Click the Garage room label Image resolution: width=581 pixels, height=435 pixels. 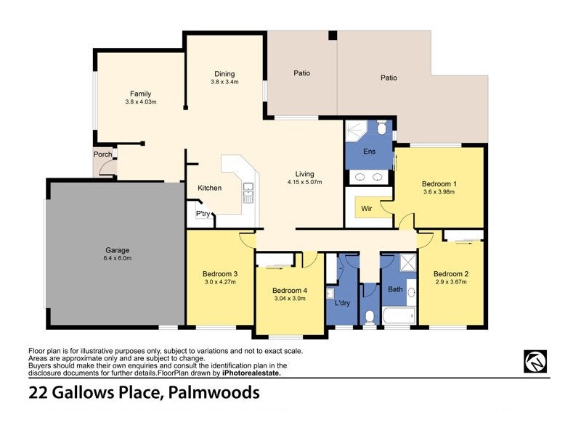point(117,250)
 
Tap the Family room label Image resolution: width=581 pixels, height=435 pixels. point(141,94)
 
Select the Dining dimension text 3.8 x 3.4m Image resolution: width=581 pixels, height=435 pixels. point(224,82)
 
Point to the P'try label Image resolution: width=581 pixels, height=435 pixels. point(203,214)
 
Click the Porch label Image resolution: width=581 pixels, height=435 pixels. point(102,154)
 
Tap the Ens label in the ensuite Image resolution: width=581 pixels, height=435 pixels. point(369,152)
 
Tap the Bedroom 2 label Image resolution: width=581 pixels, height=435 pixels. point(450,273)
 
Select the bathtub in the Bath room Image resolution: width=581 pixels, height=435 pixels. point(399,315)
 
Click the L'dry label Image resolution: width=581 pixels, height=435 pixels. point(343,302)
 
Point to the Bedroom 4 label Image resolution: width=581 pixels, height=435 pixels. point(290,290)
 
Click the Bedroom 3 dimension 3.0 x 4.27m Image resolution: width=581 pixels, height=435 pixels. point(220,282)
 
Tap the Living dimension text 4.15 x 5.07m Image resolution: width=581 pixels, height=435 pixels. point(304,182)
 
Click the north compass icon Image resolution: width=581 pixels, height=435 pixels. point(535,360)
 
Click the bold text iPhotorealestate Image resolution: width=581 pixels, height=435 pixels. point(242,373)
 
